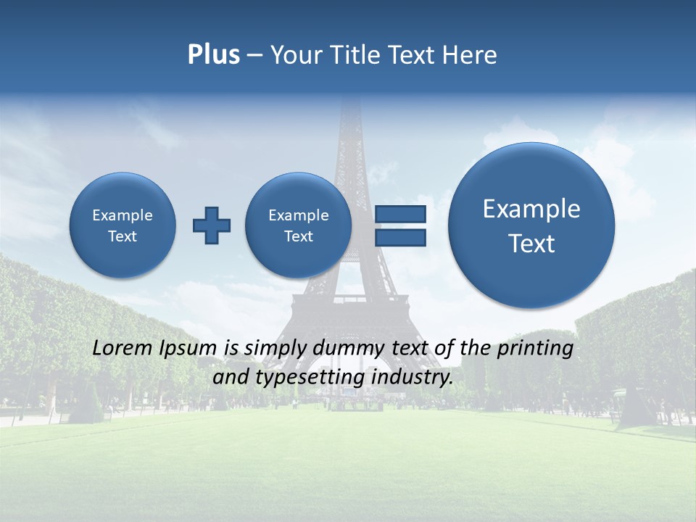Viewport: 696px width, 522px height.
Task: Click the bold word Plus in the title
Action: point(213,55)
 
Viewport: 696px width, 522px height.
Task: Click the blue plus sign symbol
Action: point(212,225)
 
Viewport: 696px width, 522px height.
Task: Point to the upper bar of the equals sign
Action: point(399,215)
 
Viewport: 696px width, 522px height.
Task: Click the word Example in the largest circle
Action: point(531,209)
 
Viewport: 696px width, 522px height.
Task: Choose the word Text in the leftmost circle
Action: point(123,236)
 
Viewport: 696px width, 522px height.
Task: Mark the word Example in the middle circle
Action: point(298,215)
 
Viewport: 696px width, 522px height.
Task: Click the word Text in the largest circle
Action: point(531,244)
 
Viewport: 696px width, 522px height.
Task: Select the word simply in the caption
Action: point(271,349)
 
